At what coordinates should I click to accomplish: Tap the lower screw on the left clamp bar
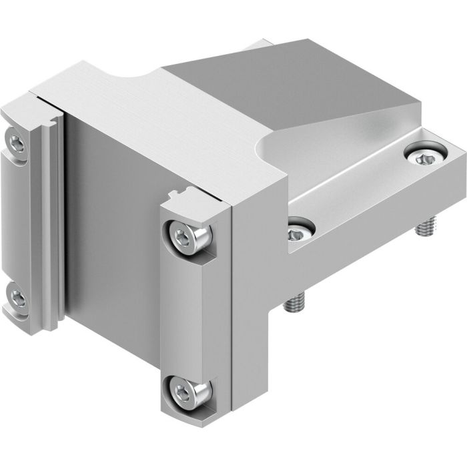point(17,298)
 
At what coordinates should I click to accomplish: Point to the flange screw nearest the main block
point(300,231)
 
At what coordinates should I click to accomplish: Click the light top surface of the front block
point(147,120)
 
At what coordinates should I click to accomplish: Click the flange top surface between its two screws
point(360,193)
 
